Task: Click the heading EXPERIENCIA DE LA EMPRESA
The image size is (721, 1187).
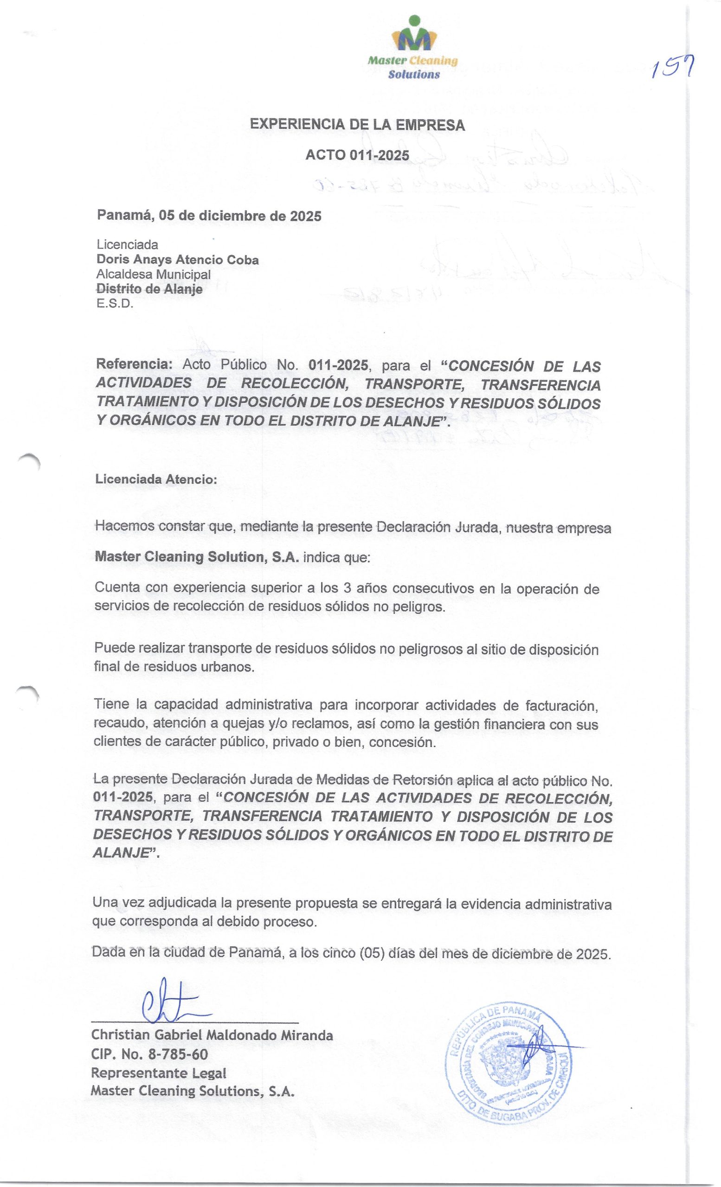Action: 357,125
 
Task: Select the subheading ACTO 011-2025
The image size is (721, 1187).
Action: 357,155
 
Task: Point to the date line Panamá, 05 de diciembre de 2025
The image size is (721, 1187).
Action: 209,215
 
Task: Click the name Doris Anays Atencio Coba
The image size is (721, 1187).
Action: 177,260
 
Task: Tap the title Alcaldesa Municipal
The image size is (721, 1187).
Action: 153,274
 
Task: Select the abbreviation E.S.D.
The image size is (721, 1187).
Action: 114,305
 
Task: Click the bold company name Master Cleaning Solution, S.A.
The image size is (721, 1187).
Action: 197,557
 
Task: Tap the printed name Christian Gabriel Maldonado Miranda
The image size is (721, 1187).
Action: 212,1035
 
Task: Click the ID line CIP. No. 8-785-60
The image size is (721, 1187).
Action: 149,1055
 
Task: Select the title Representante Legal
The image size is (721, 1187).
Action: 159,1073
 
